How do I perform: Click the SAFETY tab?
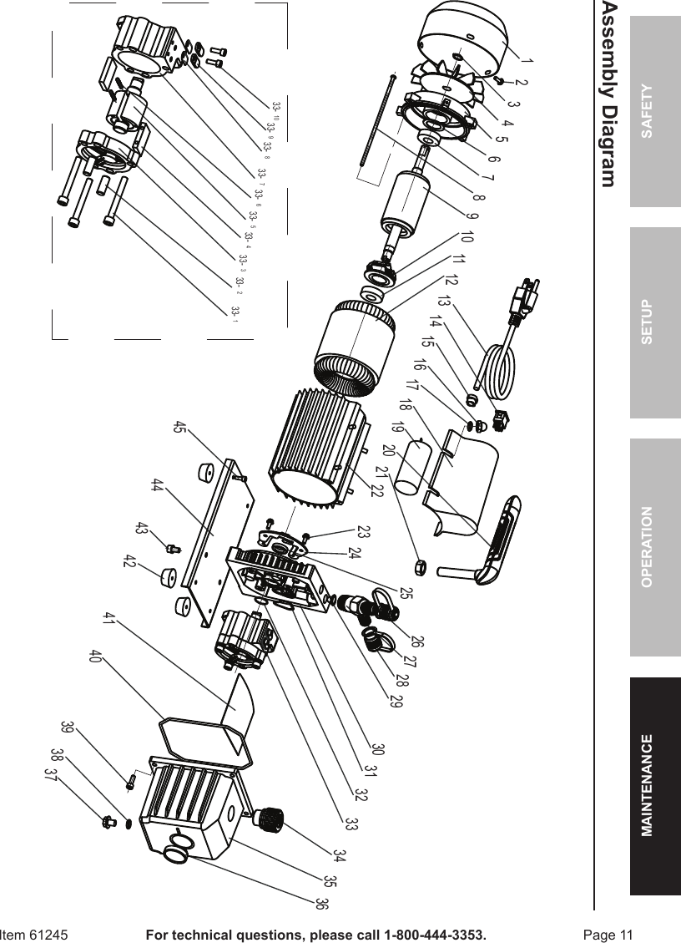coord(655,111)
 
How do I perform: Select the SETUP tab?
coord(655,322)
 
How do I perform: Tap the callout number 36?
coord(320,904)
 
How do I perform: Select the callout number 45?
coord(179,428)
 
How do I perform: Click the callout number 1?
coord(527,59)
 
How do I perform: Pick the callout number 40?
coord(95,656)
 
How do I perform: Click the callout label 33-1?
coord(235,312)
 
